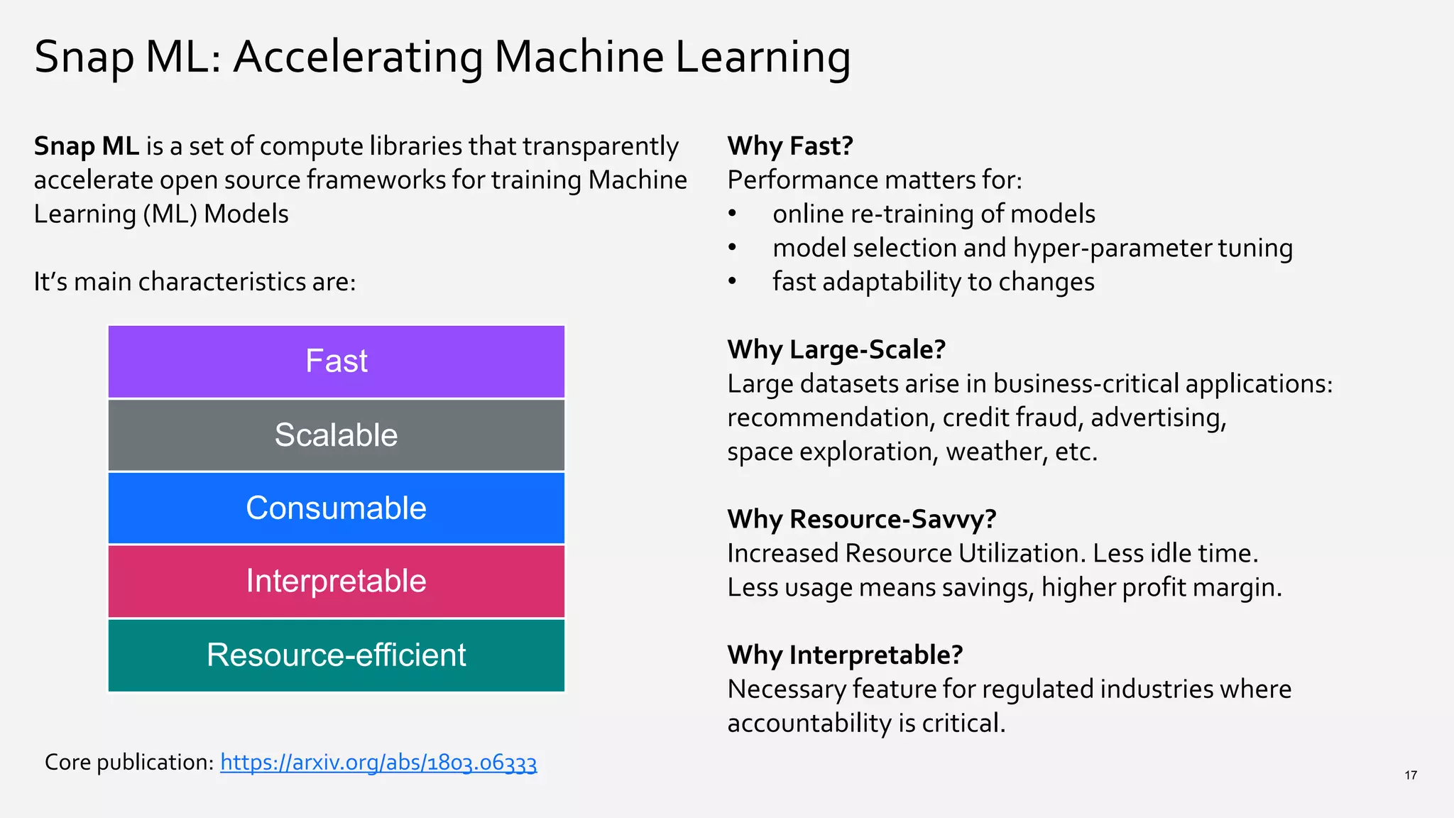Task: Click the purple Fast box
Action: click(x=336, y=361)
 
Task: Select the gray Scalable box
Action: click(x=336, y=435)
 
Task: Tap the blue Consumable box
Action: click(x=336, y=508)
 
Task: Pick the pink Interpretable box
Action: click(x=336, y=582)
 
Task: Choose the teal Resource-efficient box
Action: click(x=336, y=655)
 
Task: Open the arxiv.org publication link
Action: click(x=378, y=762)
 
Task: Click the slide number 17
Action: click(x=1410, y=775)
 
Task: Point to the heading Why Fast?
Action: click(x=790, y=146)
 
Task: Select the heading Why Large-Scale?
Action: click(x=836, y=349)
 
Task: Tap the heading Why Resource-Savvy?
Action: click(x=861, y=519)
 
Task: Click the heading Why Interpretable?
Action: click(x=845, y=655)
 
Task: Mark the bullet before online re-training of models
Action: click(x=732, y=214)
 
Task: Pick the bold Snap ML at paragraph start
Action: click(x=86, y=146)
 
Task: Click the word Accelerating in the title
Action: click(x=359, y=57)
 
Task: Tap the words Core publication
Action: click(x=129, y=762)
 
